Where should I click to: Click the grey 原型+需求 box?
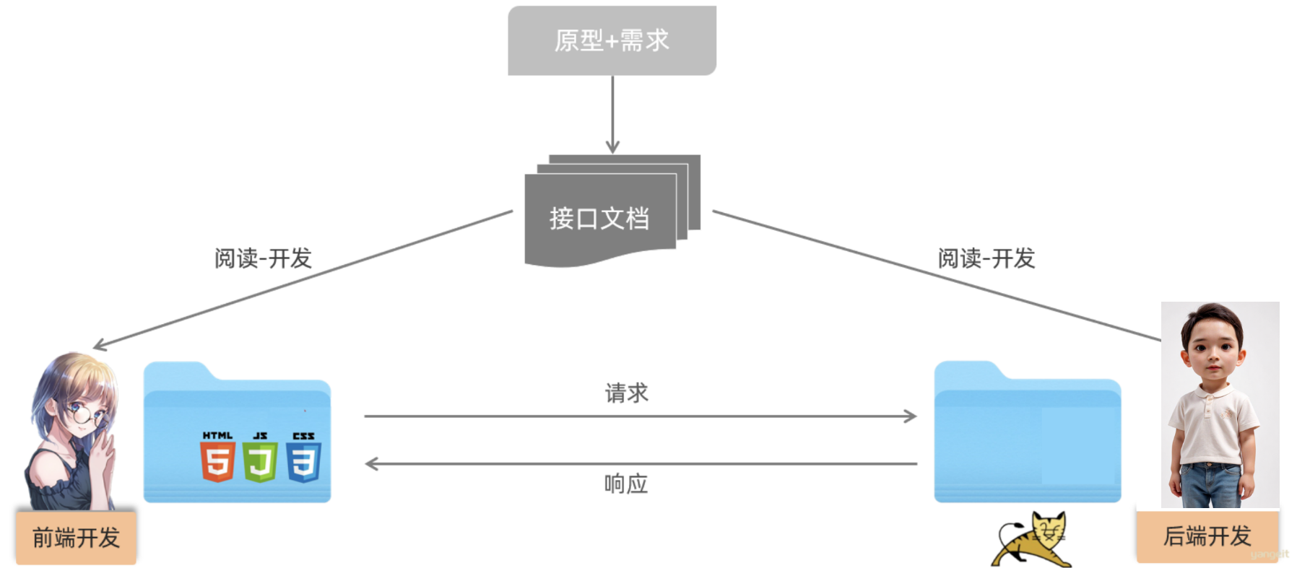(612, 40)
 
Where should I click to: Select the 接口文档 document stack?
(600, 217)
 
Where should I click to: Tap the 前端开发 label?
(76, 538)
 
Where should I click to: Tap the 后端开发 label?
(1207, 536)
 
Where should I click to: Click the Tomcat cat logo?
(1033, 540)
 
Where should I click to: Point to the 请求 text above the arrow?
(626, 393)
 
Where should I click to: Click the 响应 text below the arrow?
(626, 484)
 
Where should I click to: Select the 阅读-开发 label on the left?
(263, 258)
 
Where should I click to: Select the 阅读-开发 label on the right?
(986, 258)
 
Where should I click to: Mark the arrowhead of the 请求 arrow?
(911, 416)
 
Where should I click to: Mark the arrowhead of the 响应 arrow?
(371, 463)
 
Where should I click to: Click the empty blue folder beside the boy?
(1027, 440)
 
